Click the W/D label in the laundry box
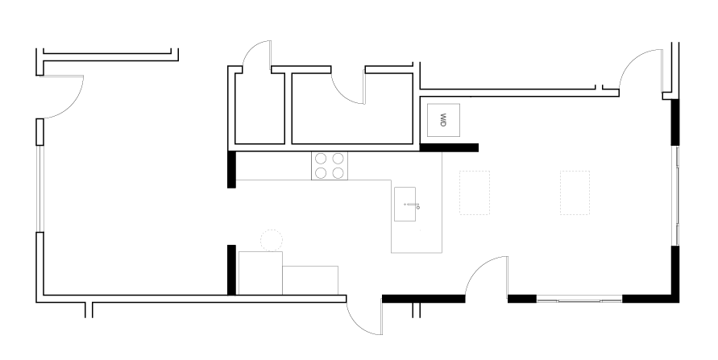tap(442, 121)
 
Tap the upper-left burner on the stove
tap(321, 159)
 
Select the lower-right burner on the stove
tap(338, 173)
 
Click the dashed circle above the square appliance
tap(271, 240)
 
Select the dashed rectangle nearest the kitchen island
tap(475, 192)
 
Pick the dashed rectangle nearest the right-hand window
tap(575, 192)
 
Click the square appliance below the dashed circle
tap(260, 272)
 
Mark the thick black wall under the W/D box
tap(449, 147)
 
